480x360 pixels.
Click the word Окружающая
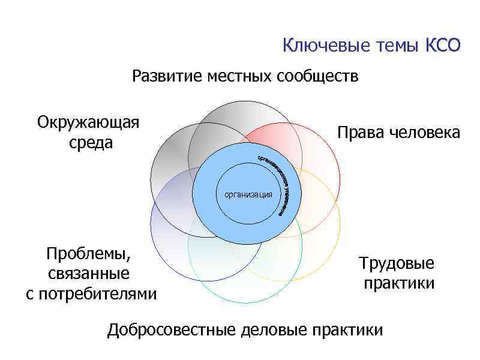pyautogui.click(x=88, y=124)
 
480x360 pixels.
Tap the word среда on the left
pyautogui.click(x=91, y=144)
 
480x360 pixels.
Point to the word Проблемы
pyautogui.click(x=88, y=254)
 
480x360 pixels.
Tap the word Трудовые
pyautogui.click(x=397, y=263)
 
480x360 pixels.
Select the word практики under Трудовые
pyautogui.click(x=398, y=283)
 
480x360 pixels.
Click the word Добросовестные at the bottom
pyautogui.click(x=171, y=330)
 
